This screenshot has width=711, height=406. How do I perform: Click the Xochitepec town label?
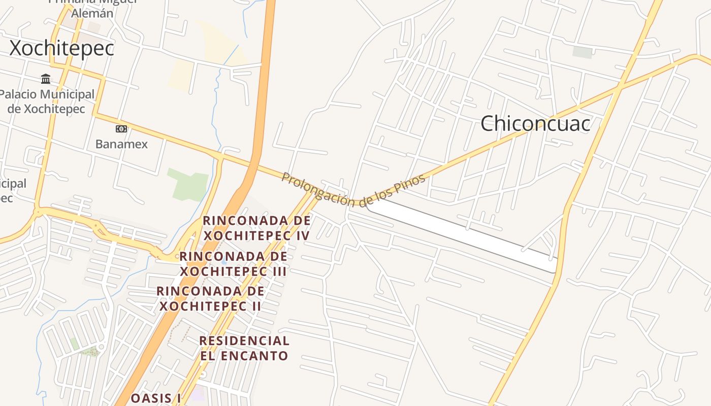[62, 49]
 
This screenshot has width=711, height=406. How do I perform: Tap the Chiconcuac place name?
[535, 123]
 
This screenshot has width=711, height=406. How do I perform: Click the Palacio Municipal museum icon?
[46, 79]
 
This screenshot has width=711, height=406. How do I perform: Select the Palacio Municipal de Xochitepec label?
[47, 101]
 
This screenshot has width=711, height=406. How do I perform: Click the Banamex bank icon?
[121, 129]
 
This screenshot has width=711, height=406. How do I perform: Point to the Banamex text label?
[121, 144]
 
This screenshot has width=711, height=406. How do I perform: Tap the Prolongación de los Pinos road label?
[353, 191]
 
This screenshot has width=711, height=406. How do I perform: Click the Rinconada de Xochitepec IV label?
[256, 228]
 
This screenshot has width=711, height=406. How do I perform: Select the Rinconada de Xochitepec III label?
[234, 263]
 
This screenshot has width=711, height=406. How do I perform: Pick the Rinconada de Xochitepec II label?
[211, 298]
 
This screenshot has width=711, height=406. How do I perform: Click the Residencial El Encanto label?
[244, 348]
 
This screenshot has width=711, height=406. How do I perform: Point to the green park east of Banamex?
[189, 184]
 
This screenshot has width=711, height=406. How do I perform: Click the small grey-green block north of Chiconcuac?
[583, 52]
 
